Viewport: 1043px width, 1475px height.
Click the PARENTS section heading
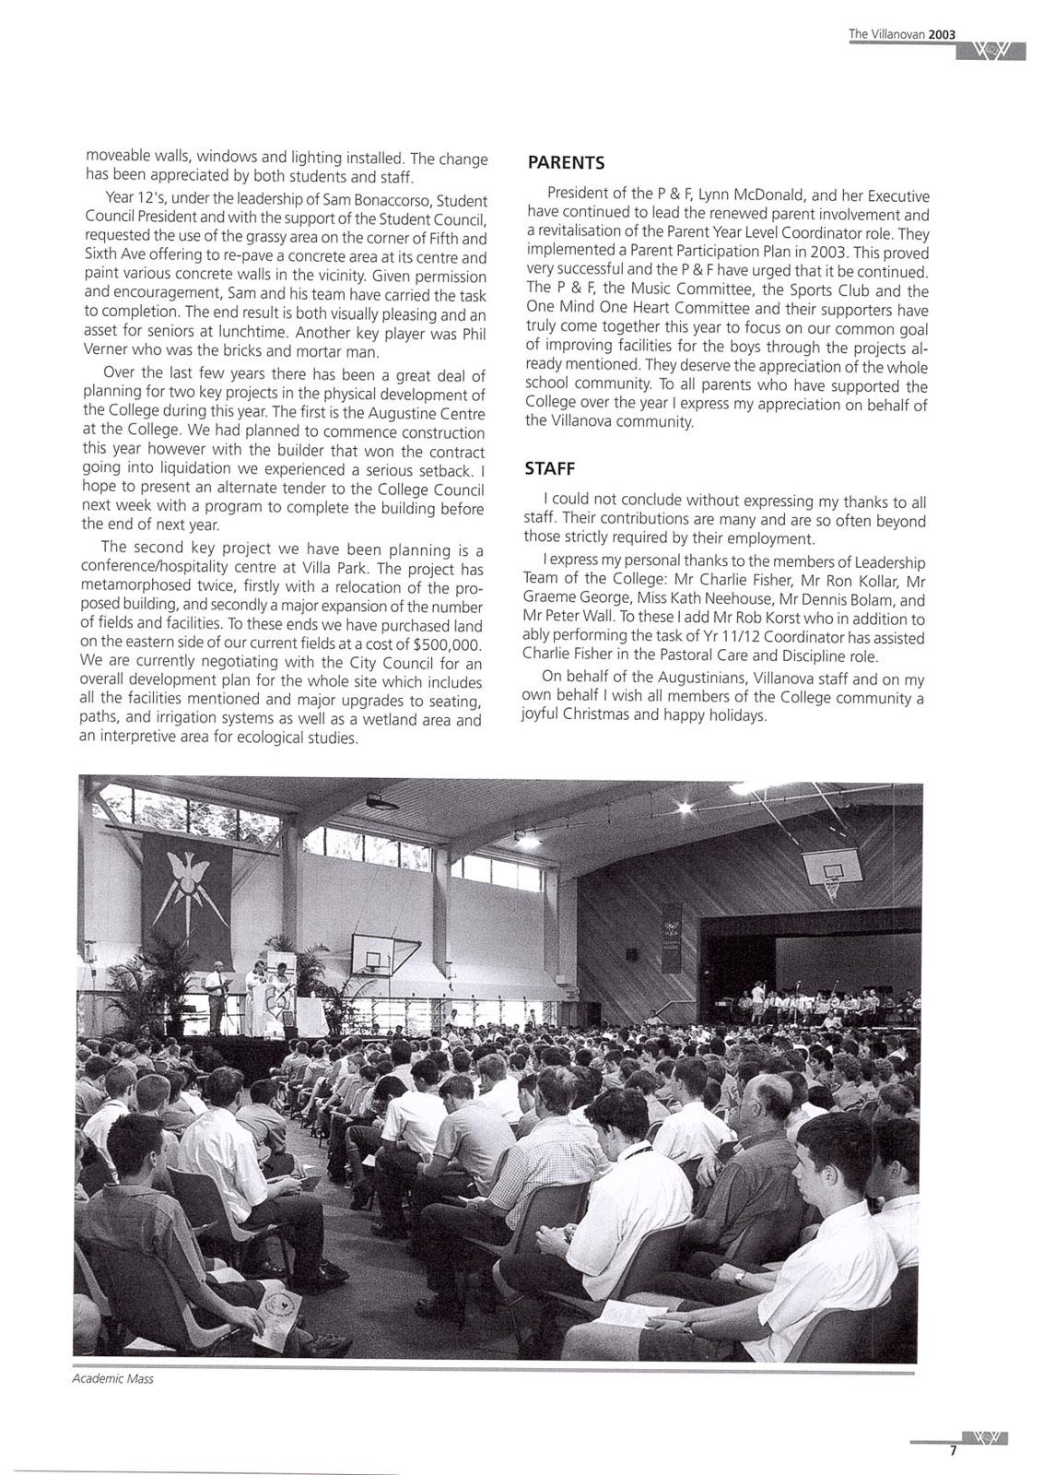pyautogui.click(x=565, y=163)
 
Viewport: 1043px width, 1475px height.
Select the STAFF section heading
pyautogui.click(x=549, y=468)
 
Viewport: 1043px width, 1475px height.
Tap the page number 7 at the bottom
pyautogui.click(x=954, y=1450)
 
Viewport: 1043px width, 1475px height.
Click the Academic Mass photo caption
pyautogui.click(x=112, y=1379)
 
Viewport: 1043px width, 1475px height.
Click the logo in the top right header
pyautogui.click(x=990, y=50)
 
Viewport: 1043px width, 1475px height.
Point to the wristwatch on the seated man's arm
pyautogui.click(x=739, y=1277)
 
